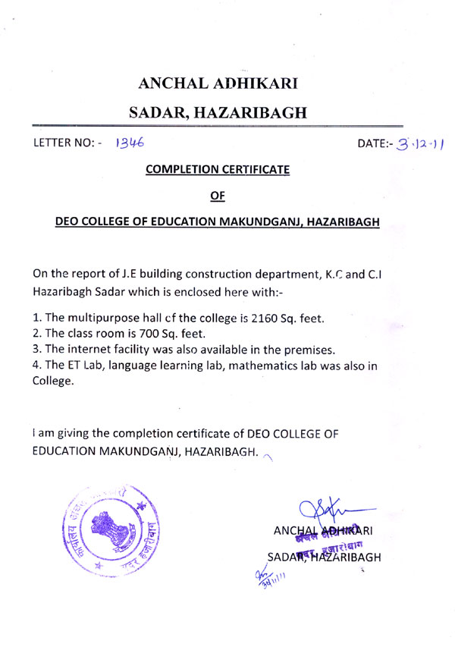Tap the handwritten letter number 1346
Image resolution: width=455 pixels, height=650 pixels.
coord(130,142)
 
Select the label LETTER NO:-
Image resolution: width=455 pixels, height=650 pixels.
coord(68,143)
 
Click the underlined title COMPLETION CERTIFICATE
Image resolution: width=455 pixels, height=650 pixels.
coord(217,170)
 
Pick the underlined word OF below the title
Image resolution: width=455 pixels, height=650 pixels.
coord(218,196)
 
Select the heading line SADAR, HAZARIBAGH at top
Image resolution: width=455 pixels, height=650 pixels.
coord(218,114)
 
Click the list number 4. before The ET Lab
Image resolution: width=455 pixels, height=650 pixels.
coord(38,367)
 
